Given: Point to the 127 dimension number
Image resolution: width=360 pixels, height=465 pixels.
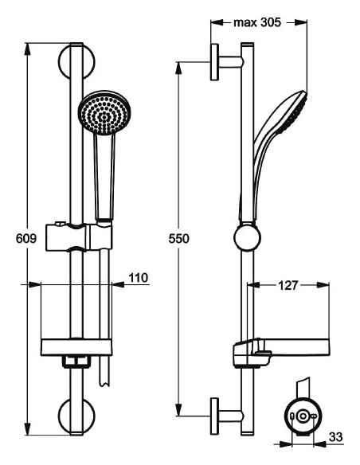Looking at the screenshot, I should (289, 284).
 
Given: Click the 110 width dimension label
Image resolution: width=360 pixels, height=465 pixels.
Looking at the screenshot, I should (139, 278).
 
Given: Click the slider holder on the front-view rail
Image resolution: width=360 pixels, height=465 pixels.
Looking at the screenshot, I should (80, 236).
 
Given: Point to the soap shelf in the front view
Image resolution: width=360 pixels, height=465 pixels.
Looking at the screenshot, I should (77, 348).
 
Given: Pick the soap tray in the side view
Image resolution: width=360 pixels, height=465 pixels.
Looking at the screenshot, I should (279, 350).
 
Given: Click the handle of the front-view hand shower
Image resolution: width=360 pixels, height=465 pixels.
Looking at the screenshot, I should (104, 175).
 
